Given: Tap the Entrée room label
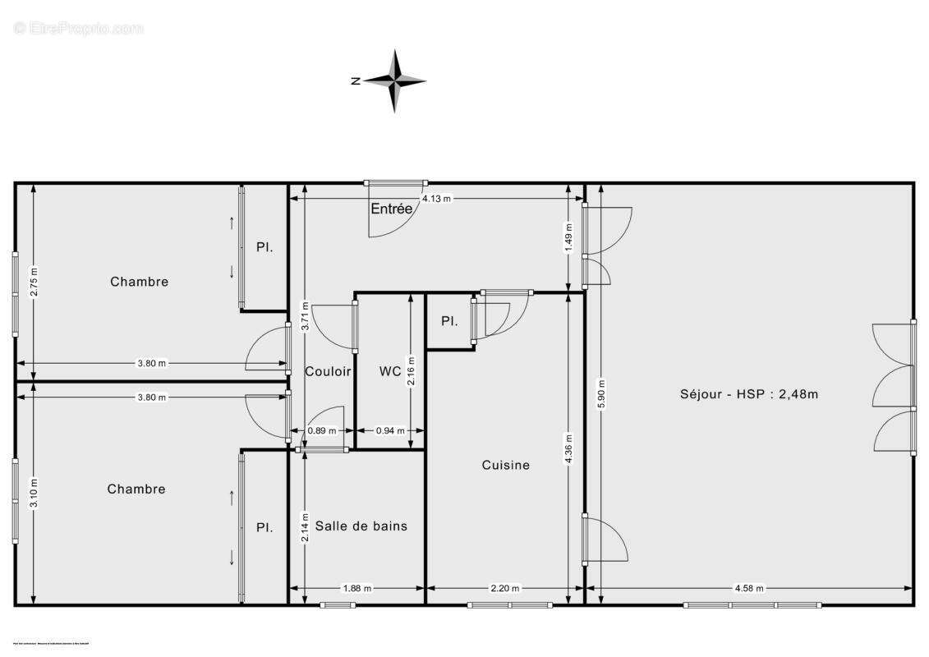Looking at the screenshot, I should point(391,209).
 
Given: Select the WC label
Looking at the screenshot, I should point(390,371).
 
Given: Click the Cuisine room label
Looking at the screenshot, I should point(505,465).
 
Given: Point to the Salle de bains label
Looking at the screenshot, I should point(361,526).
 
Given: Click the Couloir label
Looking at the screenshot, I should point(328,371).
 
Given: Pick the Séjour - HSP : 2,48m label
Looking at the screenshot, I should point(749,393).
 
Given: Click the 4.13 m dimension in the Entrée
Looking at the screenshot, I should point(436,199).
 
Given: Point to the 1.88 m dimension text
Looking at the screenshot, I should point(356,588).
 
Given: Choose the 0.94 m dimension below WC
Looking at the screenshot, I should point(389,430).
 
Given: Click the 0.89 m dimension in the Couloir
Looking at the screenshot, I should point(321,430).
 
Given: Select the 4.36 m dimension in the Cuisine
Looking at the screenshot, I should point(569,448).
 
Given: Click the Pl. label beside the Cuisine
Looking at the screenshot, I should point(449,321).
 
